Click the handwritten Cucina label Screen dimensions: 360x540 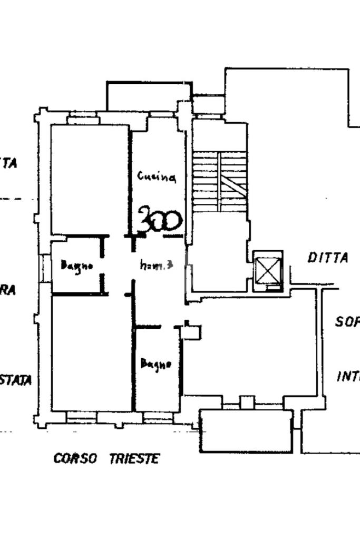click(x=157, y=176)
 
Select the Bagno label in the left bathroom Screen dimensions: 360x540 click(x=77, y=265)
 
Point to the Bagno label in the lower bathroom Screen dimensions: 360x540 click(x=156, y=364)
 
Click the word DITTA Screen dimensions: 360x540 click(x=328, y=258)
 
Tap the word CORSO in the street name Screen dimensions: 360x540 click(x=75, y=458)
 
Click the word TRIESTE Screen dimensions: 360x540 click(x=134, y=458)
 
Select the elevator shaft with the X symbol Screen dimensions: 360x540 click(x=268, y=270)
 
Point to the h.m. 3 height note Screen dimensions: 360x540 click(x=157, y=266)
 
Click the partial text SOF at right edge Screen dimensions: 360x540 click(x=347, y=321)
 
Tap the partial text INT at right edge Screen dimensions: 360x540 click(x=348, y=377)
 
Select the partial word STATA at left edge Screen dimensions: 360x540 click(x=16, y=379)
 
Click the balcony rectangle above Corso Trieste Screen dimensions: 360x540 click(x=246, y=431)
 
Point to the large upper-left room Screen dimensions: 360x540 click(x=90, y=179)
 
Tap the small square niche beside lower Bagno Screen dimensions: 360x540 click(x=192, y=332)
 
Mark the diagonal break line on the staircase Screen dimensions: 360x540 click(x=232, y=185)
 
